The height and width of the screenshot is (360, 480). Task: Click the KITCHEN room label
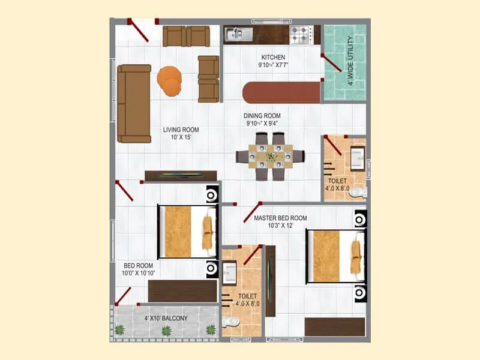pos(273,58)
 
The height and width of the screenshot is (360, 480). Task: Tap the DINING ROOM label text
pos(262,116)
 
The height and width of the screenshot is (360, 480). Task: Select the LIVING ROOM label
pos(181,130)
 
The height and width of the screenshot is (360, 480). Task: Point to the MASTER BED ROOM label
pos(280,218)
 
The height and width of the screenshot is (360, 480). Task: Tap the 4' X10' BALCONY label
pos(166,318)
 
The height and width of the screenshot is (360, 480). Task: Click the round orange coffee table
pos(170,80)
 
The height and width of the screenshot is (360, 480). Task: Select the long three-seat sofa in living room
pos(134,103)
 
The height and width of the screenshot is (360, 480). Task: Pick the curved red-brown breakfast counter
pos(281,93)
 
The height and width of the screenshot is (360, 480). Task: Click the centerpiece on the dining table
pos(271,157)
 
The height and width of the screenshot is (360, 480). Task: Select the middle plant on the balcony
pos(167,330)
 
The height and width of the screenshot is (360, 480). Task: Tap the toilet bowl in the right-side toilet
pos(358,192)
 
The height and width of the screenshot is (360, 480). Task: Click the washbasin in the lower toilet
pos(229,274)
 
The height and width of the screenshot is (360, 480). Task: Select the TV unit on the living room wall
pos(181,175)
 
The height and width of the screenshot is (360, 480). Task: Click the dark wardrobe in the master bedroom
pos(334,326)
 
